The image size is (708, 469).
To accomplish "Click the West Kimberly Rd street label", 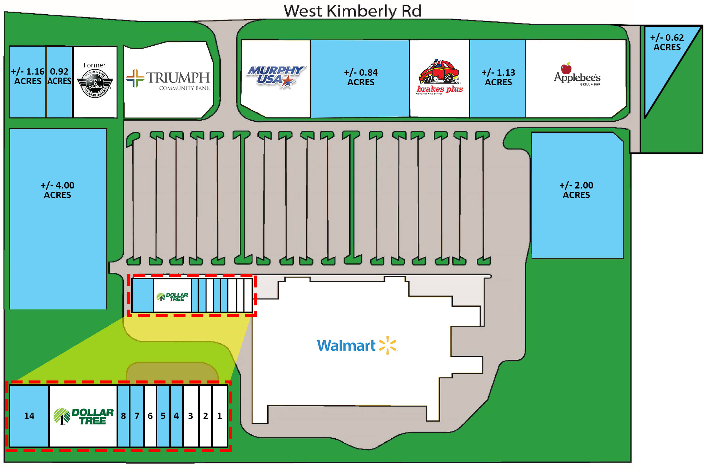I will pyautogui.click(x=352, y=11).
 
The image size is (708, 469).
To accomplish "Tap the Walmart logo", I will pyautogui.click(x=357, y=345).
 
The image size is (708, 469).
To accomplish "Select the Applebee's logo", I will pyautogui.click(x=577, y=75).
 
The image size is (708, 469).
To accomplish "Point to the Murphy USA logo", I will pyautogui.click(x=276, y=77).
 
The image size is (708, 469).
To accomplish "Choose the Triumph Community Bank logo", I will pyautogui.click(x=168, y=79).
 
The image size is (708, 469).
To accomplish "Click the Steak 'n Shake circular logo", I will pyautogui.click(x=95, y=83).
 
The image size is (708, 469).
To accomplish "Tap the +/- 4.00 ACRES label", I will pyautogui.click(x=58, y=190).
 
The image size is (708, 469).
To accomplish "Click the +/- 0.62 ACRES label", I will pyautogui.click(x=667, y=42).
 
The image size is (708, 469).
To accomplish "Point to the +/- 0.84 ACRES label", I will pyautogui.click(x=361, y=77).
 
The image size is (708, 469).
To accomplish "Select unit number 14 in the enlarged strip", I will pyautogui.click(x=29, y=416).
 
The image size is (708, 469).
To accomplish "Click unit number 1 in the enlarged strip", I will pyautogui.click(x=219, y=416).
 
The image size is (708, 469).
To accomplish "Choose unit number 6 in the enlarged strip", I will pyautogui.click(x=150, y=416).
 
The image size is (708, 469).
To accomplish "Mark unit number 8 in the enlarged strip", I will pyautogui.click(x=123, y=416).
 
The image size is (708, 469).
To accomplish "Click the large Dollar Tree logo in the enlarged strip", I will pyautogui.click(x=83, y=416).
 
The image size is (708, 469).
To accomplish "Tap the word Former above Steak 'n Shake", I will pyautogui.click(x=95, y=65).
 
